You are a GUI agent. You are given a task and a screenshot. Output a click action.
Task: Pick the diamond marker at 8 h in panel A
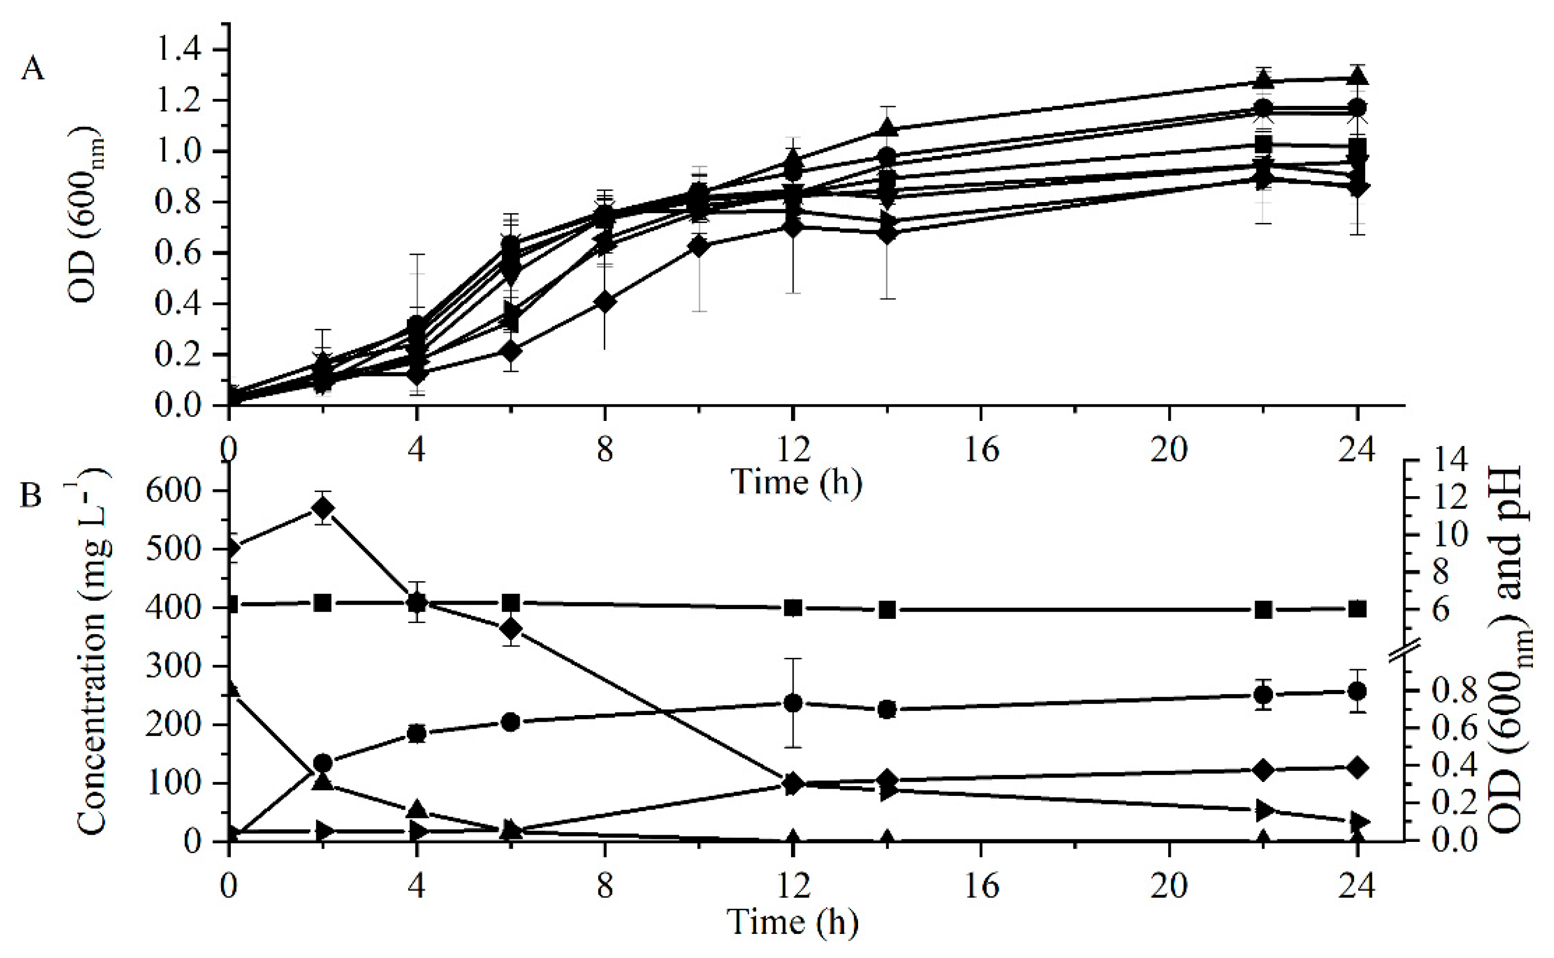click(x=605, y=302)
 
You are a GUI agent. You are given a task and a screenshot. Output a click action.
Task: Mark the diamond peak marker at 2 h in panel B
click(x=323, y=508)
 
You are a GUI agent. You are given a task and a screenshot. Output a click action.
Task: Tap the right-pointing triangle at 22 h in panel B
click(x=1264, y=810)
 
